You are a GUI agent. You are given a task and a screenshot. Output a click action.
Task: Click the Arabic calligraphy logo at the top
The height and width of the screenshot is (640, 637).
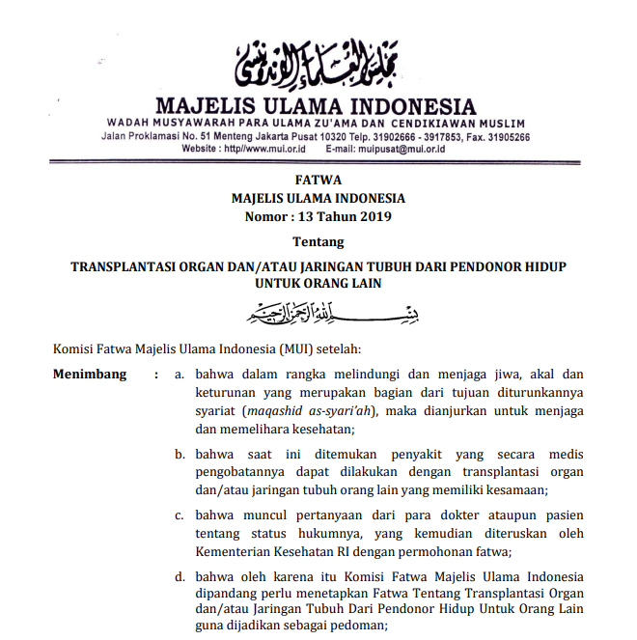pyautogui.click(x=318, y=59)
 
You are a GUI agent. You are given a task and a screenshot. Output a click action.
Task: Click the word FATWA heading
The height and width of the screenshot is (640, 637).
pyautogui.click(x=318, y=181)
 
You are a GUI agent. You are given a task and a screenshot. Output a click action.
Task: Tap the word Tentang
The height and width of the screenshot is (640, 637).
pyautogui.click(x=318, y=241)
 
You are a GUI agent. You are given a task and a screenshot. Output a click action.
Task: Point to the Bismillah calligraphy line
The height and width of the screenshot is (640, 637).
pyautogui.click(x=318, y=314)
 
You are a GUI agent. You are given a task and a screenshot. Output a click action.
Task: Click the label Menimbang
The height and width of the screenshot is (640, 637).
pyautogui.click(x=89, y=374)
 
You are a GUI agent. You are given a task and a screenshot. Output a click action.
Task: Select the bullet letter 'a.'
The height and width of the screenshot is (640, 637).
pyautogui.click(x=180, y=374)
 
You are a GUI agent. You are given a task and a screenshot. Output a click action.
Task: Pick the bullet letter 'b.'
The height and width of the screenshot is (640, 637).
pyautogui.click(x=180, y=454)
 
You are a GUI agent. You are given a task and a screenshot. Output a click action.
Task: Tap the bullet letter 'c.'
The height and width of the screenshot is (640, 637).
pyautogui.click(x=180, y=515)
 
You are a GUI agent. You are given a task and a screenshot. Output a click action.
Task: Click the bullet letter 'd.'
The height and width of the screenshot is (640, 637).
pyautogui.click(x=180, y=577)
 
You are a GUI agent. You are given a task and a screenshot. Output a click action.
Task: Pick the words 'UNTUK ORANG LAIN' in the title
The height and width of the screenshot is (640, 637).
pyautogui.click(x=318, y=283)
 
